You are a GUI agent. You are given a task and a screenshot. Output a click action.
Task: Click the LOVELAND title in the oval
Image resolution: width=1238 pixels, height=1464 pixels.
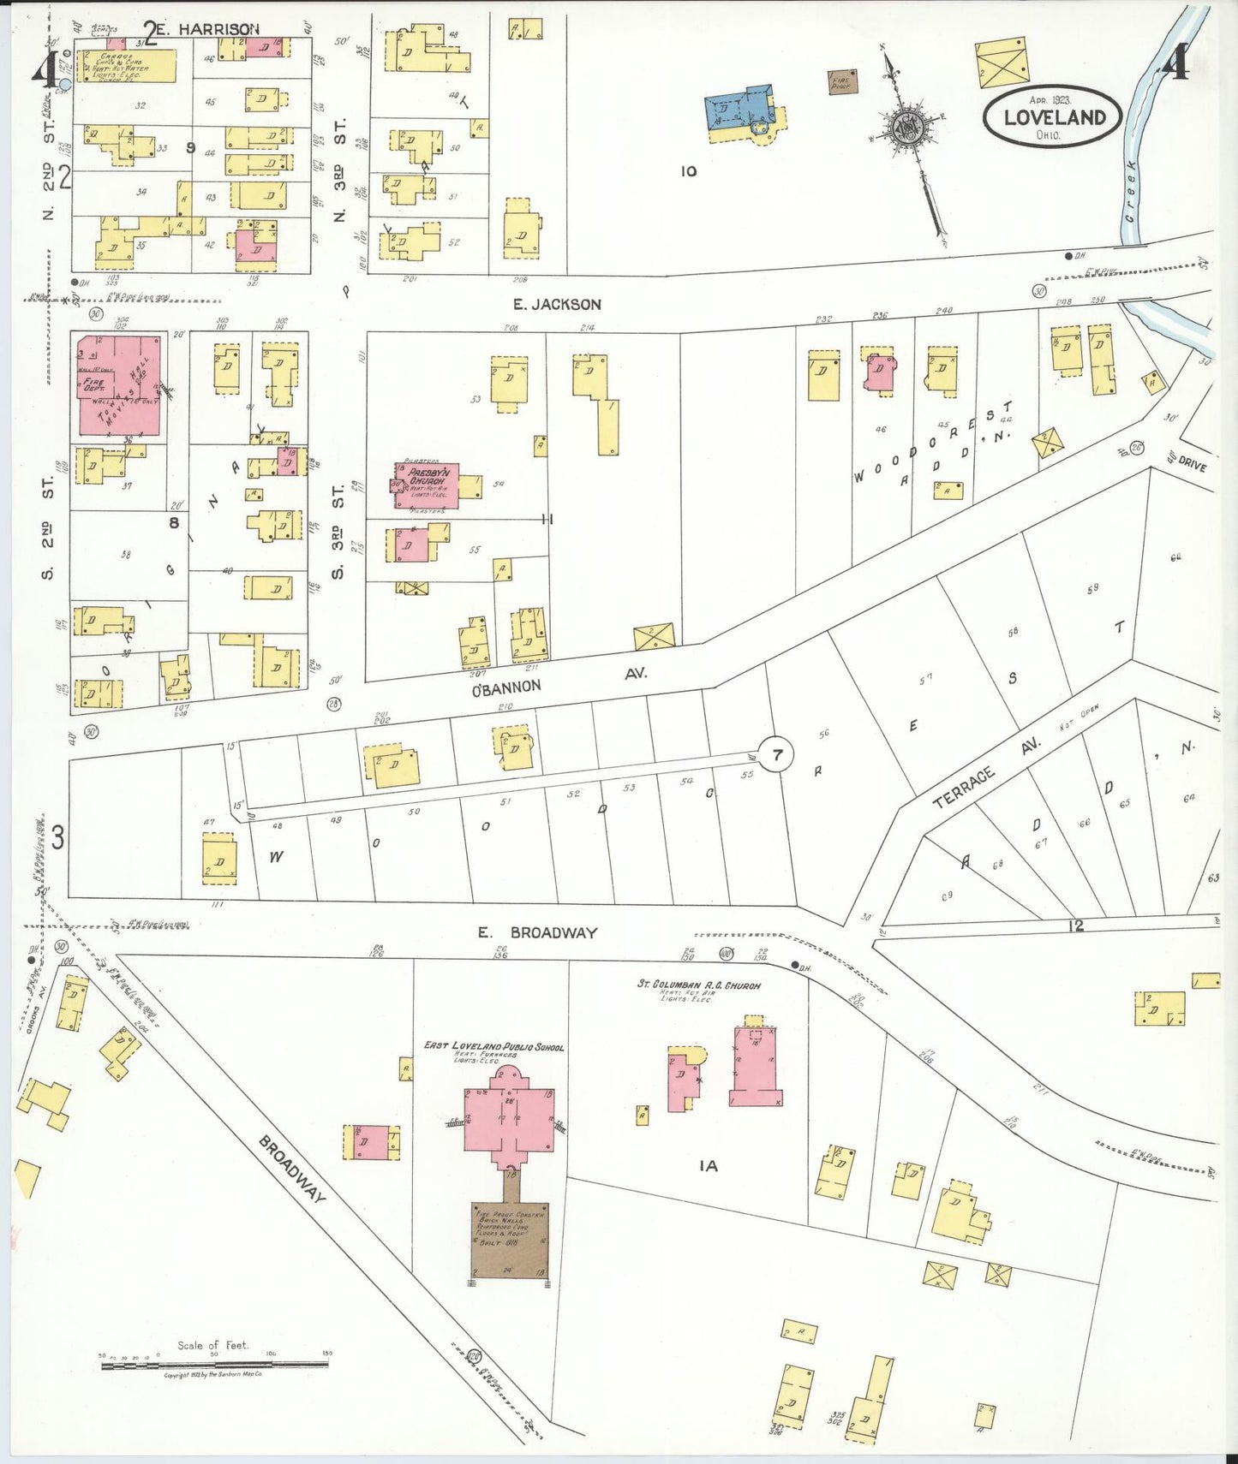[x=1052, y=117]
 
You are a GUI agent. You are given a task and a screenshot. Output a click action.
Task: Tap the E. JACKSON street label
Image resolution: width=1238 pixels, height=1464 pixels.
[x=569, y=304]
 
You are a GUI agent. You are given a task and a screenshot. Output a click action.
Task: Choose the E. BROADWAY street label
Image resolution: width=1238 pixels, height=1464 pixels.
[x=537, y=932]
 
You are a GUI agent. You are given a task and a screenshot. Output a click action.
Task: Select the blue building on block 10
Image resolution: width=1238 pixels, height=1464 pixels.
[x=739, y=109]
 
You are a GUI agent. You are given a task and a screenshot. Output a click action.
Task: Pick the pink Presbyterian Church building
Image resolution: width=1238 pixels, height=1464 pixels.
[x=427, y=485]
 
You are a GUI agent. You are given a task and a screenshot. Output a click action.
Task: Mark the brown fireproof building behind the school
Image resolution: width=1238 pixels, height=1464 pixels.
[x=509, y=1240]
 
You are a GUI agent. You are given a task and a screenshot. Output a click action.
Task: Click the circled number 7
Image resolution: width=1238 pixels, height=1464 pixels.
[x=777, y=755]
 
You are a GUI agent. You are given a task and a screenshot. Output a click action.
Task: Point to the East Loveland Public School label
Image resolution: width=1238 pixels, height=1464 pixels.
[x=493, y=1046]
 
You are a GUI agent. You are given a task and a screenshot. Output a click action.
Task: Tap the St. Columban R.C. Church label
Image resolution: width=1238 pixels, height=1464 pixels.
[x=697, y=985]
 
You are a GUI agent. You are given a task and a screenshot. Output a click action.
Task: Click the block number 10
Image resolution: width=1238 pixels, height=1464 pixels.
[x=689, y=171]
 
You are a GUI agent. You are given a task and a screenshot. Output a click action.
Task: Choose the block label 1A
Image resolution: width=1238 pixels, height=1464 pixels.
[x=708, y=1165]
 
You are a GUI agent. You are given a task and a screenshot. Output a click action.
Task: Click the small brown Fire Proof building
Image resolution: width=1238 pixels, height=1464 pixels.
[x=842, y=82]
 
